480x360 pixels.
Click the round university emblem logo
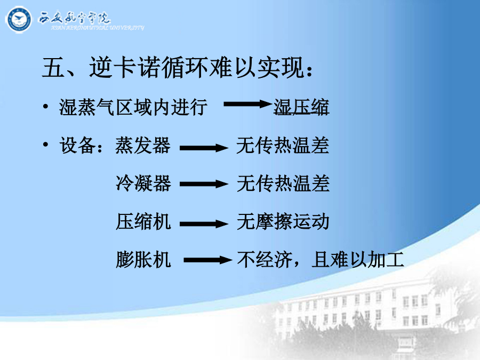click(19, 20)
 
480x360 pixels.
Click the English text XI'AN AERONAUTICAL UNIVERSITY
click(98, 28)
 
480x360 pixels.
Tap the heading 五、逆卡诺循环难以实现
click(173, 67)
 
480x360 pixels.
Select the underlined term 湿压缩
click(301, 107)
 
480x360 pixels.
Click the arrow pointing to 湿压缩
click(247, 104)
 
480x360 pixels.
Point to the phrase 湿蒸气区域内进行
click(133, 107)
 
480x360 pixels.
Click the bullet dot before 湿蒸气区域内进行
click(46, 107)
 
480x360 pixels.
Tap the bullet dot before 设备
click(46, 144)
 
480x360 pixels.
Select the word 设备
click(77, 145)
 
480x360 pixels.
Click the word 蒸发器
click(143, 145)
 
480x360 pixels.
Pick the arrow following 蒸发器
click(204, 148)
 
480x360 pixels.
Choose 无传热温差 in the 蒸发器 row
click(283, 145)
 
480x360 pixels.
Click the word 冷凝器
click(143, 183)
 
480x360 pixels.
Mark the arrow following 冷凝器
click(204, 184)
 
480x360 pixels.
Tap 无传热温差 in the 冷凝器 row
click(283, 183)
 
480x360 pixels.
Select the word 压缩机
click(143, 222)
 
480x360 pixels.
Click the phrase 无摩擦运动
click(283, 222)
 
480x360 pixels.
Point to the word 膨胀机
click(143, 260)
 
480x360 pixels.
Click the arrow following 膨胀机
click(208, 260)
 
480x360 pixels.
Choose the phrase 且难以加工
click(358, 260)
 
